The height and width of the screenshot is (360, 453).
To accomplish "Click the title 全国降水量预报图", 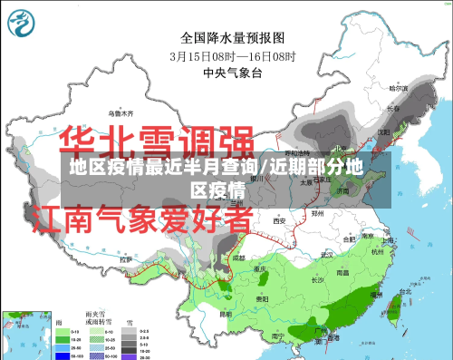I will (x=226, y=38).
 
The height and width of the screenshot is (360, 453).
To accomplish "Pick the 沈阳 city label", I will (x=384, y=131).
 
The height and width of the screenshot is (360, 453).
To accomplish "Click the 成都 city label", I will (x=238, y=258).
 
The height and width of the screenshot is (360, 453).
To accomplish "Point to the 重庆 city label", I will (x=260, y=269).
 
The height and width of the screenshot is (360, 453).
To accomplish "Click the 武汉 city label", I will (x=324, y=255).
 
